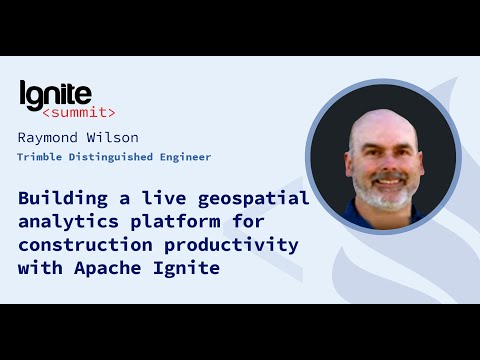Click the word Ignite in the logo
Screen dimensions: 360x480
coord(55,94)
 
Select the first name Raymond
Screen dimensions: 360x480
coord(44,137)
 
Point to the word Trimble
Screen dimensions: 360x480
coord(42,157)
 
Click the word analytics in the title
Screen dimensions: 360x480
coord(65,221)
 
